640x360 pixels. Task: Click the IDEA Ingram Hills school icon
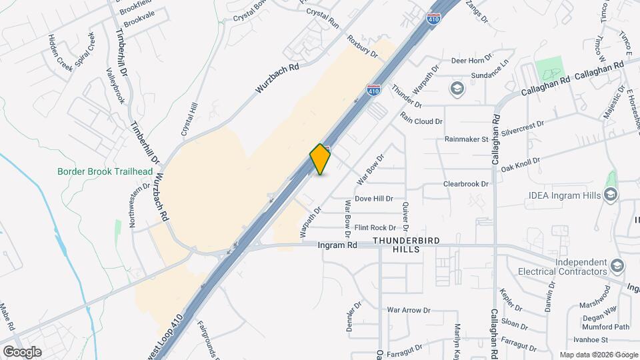coord(610,194)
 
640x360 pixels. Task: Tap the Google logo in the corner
coord(21,352)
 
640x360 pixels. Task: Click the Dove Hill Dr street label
coord(373,199)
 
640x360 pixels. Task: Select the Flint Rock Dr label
coord(375,228)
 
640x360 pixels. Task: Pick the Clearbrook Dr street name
coord(467,183)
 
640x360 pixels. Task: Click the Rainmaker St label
coord(467,139)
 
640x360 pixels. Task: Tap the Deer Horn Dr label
coord(471,60)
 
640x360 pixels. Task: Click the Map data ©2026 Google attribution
coord(599,355)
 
